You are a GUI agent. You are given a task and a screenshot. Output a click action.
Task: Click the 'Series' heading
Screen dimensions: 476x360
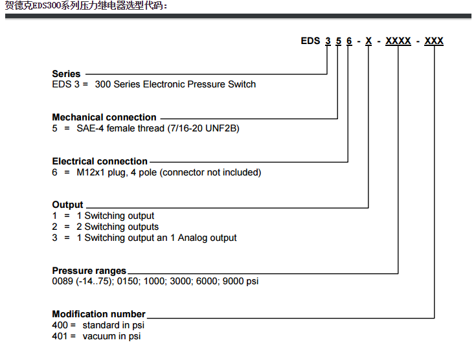tap(66, 74)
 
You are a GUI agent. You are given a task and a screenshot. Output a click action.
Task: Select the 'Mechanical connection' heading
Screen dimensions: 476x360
tap(104, 117)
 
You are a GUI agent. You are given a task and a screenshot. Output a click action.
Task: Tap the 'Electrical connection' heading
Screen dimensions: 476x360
tap(100, 161)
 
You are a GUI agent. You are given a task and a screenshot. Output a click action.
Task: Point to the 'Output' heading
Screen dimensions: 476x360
tap(67, 205)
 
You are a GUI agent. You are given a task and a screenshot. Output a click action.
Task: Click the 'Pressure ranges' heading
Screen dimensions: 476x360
tap(89, 271)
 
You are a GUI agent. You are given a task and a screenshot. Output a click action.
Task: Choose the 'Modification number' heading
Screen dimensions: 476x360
tap(98, 314)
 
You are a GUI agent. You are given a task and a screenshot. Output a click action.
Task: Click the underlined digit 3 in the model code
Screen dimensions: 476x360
tap(328, 41)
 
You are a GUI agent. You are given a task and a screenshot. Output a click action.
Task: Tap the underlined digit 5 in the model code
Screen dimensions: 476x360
tap(339, 41)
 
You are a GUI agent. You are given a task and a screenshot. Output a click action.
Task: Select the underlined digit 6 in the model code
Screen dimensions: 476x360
tap(349, 41)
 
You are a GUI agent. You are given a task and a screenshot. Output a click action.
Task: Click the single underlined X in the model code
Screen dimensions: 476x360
tap(368, 41)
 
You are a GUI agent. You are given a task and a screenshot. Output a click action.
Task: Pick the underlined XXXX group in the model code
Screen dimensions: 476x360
tap(398, 41)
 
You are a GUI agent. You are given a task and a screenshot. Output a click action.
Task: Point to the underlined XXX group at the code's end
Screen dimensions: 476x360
tap(434, 41)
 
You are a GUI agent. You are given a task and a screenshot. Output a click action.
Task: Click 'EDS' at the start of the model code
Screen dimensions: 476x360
tap(310, 41)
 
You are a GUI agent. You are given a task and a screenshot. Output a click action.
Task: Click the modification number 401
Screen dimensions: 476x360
tap(60, 336)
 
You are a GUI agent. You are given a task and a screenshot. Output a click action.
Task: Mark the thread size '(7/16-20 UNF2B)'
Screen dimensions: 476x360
tap(203, 128)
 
